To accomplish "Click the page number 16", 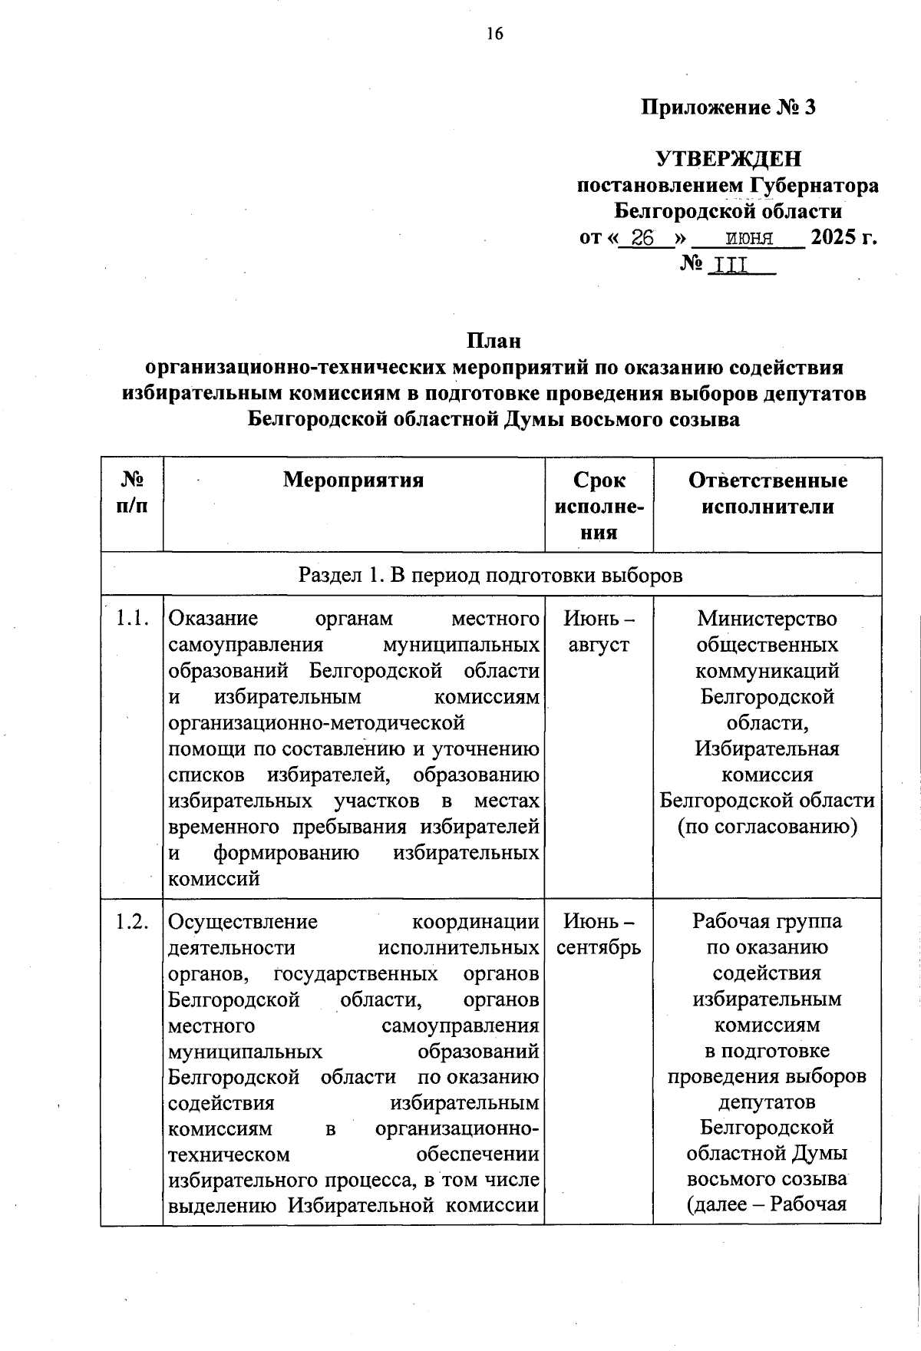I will click(x=494, y=34).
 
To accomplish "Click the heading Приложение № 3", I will click(x=728, y=107).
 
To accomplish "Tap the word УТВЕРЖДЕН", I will click(x=728, y=159).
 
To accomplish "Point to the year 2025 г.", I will click(x=843, y=237).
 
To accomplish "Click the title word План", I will click(x=494, y=339).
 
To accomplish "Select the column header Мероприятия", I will click(x=353, y=481).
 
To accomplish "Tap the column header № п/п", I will click(x=132, y=493).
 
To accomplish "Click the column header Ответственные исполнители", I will click(x=767, y=493).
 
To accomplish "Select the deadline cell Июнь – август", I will click(x=599, y=631).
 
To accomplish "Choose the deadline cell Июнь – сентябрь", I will click(x=599, y=934).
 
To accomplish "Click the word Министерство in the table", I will click(x=767, y=619).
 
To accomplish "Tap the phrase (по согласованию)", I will click(x=767, y=827).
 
